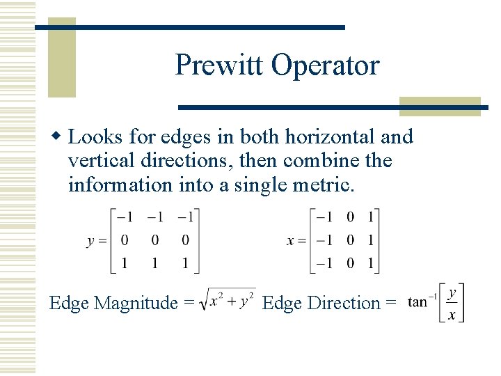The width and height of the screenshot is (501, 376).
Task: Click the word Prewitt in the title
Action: [x=219, y=65]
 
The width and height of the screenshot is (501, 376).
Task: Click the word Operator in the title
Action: [x=325, y=65]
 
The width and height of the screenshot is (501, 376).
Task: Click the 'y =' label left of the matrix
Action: [x=97, y=241]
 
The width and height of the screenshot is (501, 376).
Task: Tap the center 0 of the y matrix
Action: [x=154, y=241]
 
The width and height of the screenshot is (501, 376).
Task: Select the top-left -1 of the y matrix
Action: [x=125, y=217]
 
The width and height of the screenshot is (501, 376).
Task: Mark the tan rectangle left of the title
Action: [x=62, y=57]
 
